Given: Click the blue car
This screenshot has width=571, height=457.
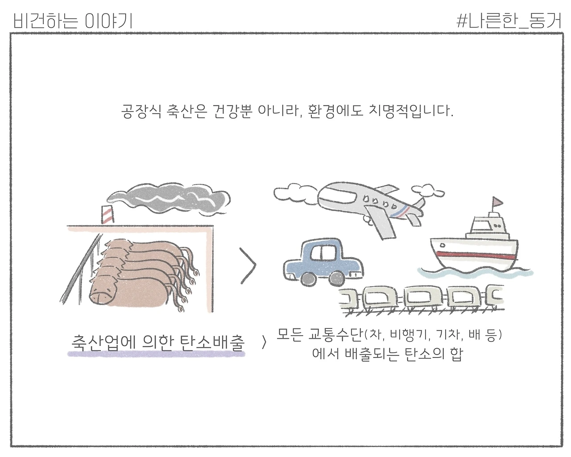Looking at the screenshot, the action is (x=323, y=262).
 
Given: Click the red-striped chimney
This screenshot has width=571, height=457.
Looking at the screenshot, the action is (x=107, y=215).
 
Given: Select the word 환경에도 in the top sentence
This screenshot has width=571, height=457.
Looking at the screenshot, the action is (x=335, y=111).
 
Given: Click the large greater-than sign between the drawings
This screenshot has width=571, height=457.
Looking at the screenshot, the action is (x=248, y=266).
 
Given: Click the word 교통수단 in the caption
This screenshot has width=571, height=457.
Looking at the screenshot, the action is (x=335, y=335).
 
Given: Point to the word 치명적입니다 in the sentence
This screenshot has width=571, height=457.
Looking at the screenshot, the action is (x=411, y=111).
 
